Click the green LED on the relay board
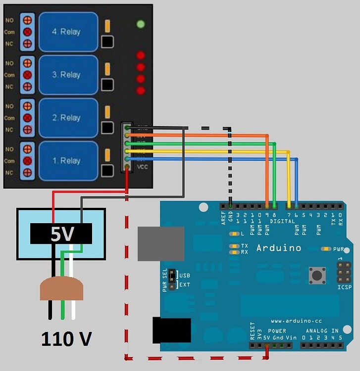(x=141, y=24)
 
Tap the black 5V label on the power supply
(x=61, y=234)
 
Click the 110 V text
(x=66, y=339)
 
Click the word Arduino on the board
(x=278, y=248)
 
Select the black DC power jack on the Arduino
(x=172, y=330)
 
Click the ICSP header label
(x=345, y=287)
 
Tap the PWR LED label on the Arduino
(x=339, y=249)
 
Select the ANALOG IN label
(x=322, y=331)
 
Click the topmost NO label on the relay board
(x=9, y=20)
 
